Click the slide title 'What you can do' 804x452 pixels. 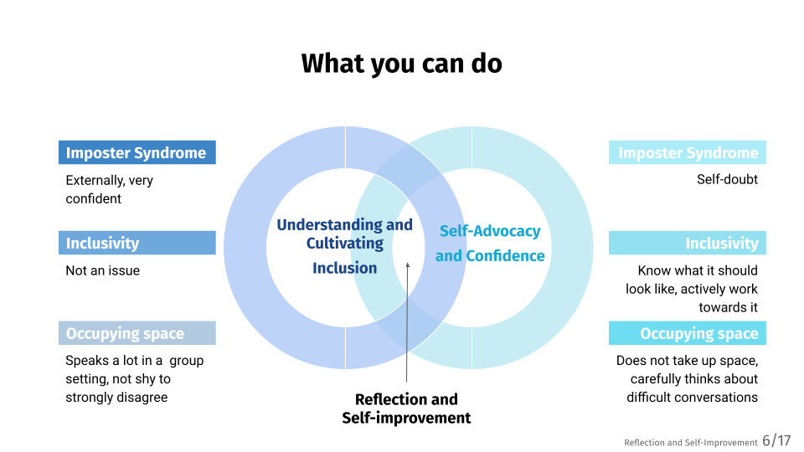point(401,64)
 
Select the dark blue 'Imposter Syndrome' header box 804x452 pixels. point(137,152)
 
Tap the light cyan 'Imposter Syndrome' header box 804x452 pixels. point(687,152)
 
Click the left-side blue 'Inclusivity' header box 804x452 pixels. point(137,243)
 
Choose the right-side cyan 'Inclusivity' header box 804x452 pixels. point(687,243)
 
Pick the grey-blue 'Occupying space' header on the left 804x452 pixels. point(137,333)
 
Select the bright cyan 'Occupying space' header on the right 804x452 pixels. point(687,333)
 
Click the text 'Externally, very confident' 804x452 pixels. point(109,189)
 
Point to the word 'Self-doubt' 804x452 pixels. point(727,179)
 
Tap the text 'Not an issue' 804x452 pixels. point(102,270)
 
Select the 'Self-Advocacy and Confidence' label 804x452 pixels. point(490,244)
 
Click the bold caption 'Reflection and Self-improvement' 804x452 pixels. point(406,408)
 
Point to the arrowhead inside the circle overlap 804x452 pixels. point(408,267)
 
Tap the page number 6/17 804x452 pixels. point(776,441)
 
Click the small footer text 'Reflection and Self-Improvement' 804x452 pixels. point(690,443)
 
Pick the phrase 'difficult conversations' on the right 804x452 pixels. point(692,398)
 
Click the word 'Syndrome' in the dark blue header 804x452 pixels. point(171,152)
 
